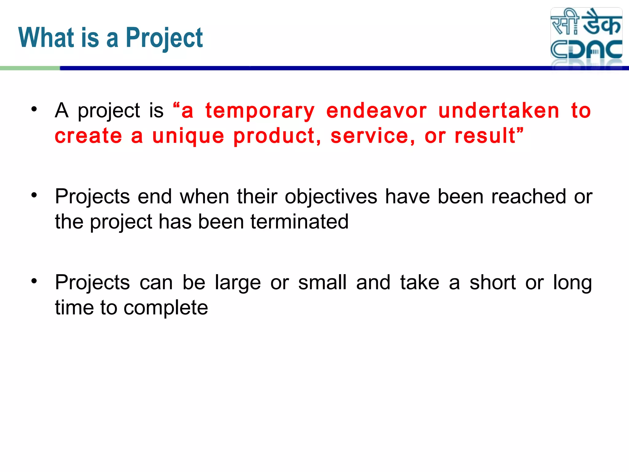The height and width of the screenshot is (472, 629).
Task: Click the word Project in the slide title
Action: (164, 38)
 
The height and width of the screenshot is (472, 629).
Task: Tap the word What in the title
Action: (46, 38)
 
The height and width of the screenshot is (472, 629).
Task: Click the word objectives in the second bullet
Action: (331, 197)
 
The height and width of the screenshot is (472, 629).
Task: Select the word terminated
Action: (299, 222)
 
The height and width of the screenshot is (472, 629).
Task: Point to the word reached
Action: (529, 197)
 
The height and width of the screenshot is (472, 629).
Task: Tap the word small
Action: (322, 283)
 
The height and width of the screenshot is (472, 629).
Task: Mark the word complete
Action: (166, 308)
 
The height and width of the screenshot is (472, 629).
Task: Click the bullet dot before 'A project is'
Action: (34, 109)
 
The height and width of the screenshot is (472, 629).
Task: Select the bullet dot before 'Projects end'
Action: (34, 195)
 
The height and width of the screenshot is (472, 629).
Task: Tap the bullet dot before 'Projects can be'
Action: (34, 281)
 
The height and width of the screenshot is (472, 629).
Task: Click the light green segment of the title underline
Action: (30, 68)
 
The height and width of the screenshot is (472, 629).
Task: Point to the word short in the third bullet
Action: (492, 283)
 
